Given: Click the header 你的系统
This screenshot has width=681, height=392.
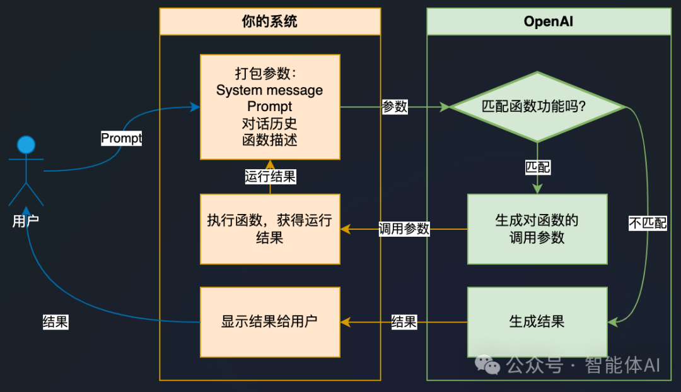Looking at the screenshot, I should pyautogui.click(x=270, y=21).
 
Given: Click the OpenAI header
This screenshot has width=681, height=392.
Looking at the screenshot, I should pyautogui.click(x=549, y=21).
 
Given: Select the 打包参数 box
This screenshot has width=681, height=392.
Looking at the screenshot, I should pyautogui.click(x=270, y=106).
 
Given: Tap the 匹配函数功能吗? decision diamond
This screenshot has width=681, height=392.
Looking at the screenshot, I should pyautogui.click(x=537, y=107).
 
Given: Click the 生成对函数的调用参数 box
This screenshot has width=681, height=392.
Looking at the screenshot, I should pyautogui.click(x=537, y=229).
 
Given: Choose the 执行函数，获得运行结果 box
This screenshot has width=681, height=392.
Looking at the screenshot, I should pyautogui.click(x=270, y=229).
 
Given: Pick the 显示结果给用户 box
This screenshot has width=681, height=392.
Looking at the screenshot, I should pyautogui.click(x=270, y=321).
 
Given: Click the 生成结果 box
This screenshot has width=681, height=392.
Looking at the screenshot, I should pyautogui.click(x=537, y=321).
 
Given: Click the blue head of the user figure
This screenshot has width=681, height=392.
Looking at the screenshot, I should pyautogui.click(x=26, y=145).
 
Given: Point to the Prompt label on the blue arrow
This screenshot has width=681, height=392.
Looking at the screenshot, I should pyautogui.click(x=122, y=138).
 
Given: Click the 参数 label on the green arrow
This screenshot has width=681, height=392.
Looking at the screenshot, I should pyautogui.click(x=395, y=107).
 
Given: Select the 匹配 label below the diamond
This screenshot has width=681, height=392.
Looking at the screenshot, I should pyautogui.click(x=537, y=167).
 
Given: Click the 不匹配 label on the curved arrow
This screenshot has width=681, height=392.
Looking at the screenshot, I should pyautogui.click(x=648, y=223).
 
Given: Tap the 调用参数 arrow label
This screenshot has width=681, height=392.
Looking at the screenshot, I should pyautogui.click(x=404, y=229).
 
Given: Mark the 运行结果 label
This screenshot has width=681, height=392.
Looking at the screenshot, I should pyautogui.click(x=270, y=177).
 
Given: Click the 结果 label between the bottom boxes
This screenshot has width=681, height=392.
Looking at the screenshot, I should pyautogui.click(x=404, y=321).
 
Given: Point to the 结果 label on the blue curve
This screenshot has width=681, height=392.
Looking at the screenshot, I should pyautogui.click(x=55, y=321).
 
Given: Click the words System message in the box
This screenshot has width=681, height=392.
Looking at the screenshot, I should pyautogui.click(x=270, y=90).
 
